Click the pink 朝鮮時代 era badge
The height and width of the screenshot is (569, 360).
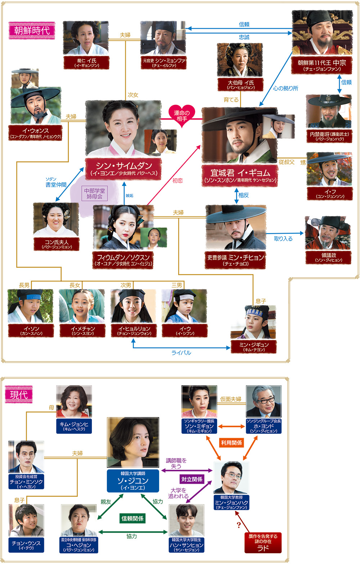point(32,31)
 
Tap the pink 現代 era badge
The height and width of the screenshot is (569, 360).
point(19,395)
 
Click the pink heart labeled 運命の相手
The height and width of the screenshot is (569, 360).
point(182,115)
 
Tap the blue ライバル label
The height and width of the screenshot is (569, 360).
point(181,353)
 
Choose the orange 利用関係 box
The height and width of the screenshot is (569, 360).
point(231,443)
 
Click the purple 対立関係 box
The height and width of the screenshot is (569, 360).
point(192,479)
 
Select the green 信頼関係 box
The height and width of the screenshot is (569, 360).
point(132,518)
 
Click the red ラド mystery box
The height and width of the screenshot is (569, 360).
point(263,543)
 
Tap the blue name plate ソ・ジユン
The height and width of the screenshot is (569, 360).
point(133,481)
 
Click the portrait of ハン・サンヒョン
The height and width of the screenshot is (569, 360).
point(186,520)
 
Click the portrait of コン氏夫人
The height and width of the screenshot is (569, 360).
point(56,220)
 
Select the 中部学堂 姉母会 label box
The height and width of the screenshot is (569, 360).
point(94,194)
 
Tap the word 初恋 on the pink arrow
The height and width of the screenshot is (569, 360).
point(177,181)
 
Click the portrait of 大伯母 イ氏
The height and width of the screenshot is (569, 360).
point(240,60)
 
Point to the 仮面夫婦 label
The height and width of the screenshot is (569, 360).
point(231,399)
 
